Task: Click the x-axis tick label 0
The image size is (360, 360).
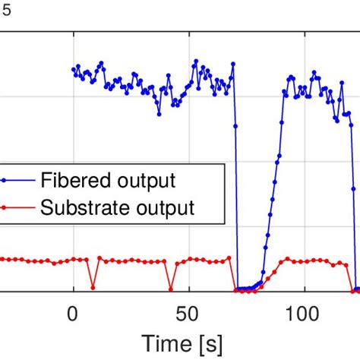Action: pyautogui.click(x=73, y=312)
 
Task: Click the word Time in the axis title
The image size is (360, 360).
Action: pyautogui.click(x=167, y=343)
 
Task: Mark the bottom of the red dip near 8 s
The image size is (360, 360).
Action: pyautogui.click(x=93, y=288)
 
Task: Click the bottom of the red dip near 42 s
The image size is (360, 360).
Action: pyautogui.click(x=170, y=289)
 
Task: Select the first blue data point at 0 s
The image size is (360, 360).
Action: pyautogui.click(x=74, y=70)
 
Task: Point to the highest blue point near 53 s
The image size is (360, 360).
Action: pyautogui.click(x=195, y=60)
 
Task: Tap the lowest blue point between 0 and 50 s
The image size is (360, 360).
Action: pyautogui.click(x=159, y=114)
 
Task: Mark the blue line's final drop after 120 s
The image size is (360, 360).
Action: pyautogui.click(x=354, y=205)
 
